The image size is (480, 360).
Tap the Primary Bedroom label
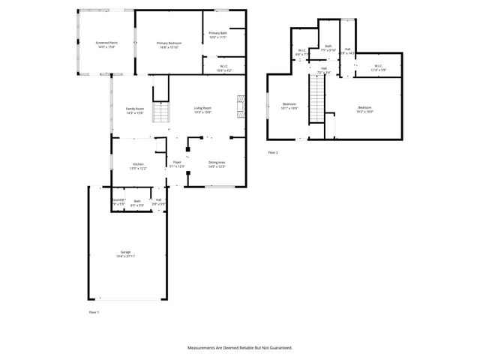tap(169, 43)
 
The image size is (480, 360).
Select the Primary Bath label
tap(218, 33)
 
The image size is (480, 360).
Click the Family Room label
tap(135, 109)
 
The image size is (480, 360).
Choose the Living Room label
tap(202, 109)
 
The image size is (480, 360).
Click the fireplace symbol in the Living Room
tap(240, 105)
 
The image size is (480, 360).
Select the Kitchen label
tap(138, 164)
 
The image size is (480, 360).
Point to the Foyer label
tap(177, 162)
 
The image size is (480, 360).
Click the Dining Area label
tap(217, 162)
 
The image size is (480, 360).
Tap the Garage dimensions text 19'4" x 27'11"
tap(125, 256)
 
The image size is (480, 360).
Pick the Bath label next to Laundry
tap(137, 200)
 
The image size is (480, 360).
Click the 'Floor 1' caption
tap(94, 311)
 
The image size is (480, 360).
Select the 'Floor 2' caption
tap(273, 152)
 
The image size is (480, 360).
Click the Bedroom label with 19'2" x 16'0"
tap(364, 108)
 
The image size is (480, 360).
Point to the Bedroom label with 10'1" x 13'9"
tap(290, 103)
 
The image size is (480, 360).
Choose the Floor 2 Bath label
tap(328, 46)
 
